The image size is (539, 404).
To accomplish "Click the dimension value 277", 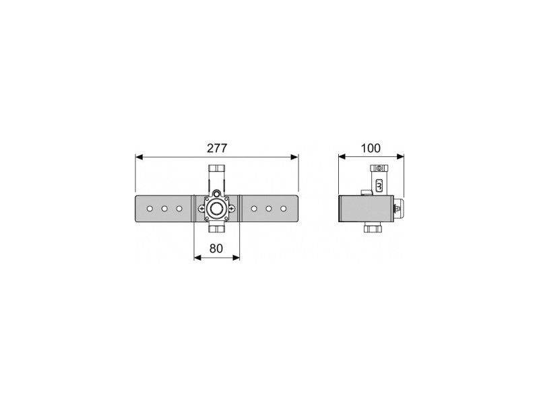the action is click(217, 148).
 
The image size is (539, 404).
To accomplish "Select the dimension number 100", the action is click(371, 148).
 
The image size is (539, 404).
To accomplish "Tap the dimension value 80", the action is click(216, 248).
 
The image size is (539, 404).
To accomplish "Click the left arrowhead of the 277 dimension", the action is click(139, 157).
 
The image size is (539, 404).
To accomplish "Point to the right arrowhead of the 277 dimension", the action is click(294, 157).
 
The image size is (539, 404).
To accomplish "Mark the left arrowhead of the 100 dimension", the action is click(342, 157).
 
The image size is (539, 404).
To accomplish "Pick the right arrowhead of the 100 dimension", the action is click(400, 157).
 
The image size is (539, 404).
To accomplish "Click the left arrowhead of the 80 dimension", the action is click(197, 257).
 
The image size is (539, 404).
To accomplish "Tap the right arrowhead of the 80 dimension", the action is click(236, 257).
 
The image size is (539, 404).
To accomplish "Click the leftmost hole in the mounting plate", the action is click(150, 209).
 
